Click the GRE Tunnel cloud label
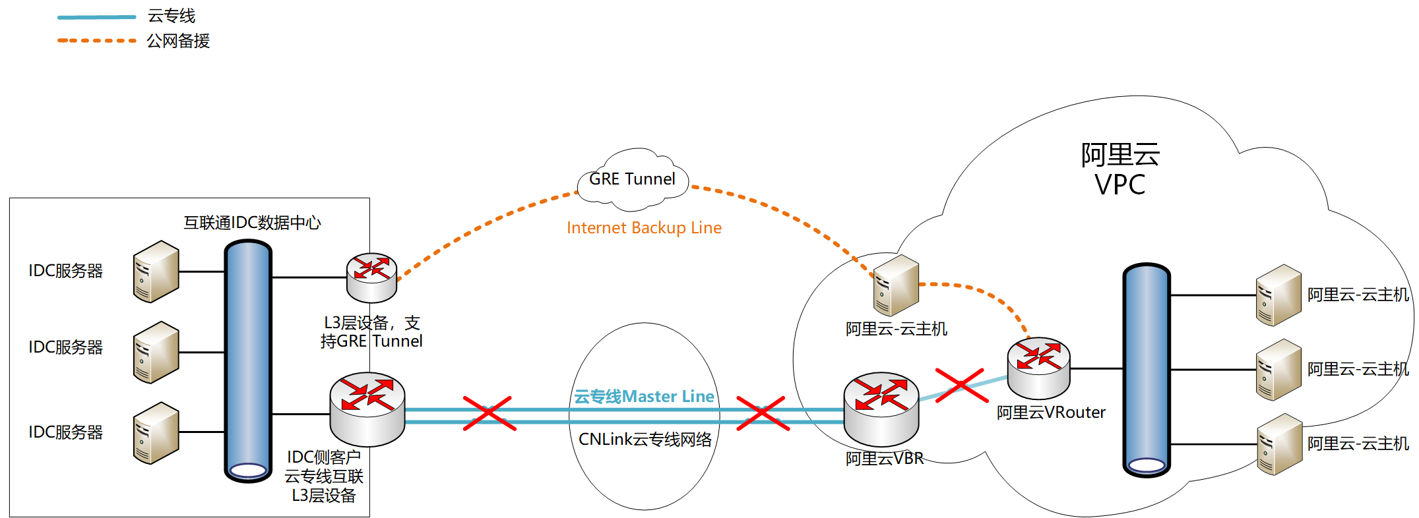click(x=632, y=179)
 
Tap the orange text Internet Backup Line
click(x=644, y=227)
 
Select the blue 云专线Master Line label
click(x=644, y=396)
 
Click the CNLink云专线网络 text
click(x=645, y=439)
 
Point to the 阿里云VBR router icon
click(x=881, y=409)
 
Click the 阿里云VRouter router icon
click(x=1038, y=368)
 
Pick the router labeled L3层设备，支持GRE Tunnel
click(x=371, y=277)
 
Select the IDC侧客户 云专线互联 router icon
click(x=367, y=409)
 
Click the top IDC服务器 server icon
click(x=156, y=272)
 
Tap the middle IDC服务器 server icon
click(x=156, y=353)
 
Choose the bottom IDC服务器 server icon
click(x=156, y=433)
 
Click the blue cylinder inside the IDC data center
click(x=248, y=360)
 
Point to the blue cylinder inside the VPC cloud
click(x=1147, y=370)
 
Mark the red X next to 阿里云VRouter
click(x=962, y=385)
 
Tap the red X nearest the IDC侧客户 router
click(x=489, y=413)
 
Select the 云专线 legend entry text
click(x=172, y=16)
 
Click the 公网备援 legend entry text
click(x=178, y=41)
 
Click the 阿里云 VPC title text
click(x=1120, y=169)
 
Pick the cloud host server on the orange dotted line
click(x=896, y=285)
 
